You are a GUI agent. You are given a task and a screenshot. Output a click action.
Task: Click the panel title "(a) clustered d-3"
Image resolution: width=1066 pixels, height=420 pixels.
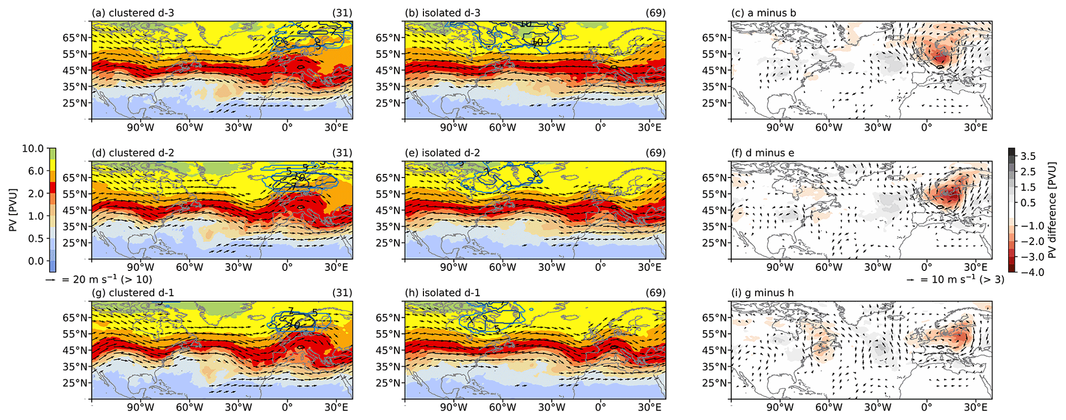[133, 13]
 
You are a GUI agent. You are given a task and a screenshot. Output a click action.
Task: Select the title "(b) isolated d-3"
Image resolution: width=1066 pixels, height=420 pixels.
[443, 13]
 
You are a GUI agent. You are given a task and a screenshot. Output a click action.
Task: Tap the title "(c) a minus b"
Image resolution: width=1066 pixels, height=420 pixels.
[763, 13]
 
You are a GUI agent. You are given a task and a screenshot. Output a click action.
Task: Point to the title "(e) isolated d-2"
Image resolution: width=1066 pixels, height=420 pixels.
[443, 153]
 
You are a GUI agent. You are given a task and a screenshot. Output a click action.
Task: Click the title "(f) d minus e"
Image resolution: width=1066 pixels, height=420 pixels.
[763, 153]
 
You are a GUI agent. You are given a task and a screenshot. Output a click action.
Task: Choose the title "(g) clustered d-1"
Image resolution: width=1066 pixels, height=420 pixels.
[133, 293]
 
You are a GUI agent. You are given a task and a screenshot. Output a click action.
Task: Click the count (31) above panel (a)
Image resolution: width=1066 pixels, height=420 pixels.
[343, 13]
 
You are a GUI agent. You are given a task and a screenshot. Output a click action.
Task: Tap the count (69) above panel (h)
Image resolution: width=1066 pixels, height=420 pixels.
[655, 293]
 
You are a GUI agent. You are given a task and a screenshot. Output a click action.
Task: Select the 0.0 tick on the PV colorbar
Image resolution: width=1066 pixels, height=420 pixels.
[36, 261]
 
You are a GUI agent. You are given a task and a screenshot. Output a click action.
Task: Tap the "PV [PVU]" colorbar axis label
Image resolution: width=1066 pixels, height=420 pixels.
[13, 209]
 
